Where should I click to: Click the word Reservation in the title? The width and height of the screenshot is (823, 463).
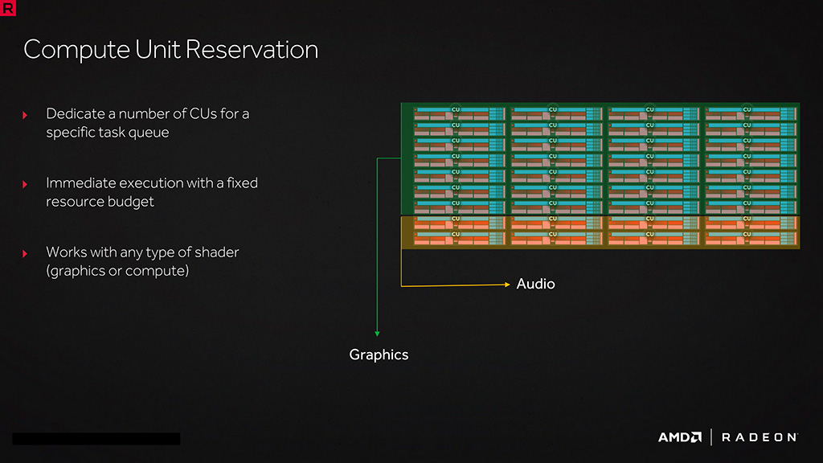coord(252,50)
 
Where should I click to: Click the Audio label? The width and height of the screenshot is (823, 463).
coord(535,284)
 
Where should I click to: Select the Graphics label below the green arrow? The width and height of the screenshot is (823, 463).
coord(379,354)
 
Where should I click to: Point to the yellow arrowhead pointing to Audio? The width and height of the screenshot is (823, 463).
coord(506,284)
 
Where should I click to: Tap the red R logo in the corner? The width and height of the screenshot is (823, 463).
coord(9,9)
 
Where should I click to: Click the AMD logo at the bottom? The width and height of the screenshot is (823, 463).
coord(680,437)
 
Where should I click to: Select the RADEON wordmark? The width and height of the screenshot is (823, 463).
coord(760,437)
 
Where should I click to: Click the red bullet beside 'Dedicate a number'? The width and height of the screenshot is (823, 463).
coord(25,115)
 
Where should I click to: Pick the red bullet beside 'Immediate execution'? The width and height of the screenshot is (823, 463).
coord(25,184)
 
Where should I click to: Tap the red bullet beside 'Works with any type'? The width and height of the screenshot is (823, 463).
coord(25,253)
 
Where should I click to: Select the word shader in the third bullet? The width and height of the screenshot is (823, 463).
coord(217,252)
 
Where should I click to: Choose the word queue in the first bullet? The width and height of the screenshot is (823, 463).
coord(149,133)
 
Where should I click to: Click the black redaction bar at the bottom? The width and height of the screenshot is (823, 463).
coord(96,439)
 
